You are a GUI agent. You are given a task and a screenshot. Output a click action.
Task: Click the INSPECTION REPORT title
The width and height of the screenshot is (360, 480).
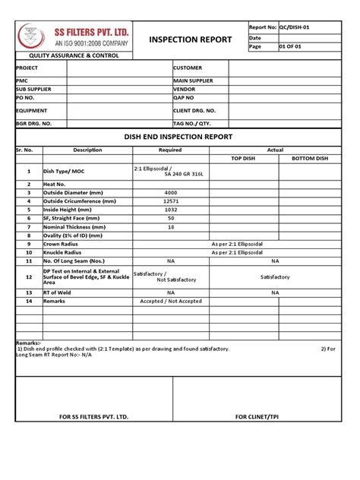[190, 39]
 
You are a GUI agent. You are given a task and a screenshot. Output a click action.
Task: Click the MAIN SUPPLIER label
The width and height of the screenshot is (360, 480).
[193, 81]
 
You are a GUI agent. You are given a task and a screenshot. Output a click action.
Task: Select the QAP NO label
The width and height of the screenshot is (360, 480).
[185, 98]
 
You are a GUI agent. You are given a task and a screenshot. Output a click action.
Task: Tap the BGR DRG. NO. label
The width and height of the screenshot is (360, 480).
[34, 123]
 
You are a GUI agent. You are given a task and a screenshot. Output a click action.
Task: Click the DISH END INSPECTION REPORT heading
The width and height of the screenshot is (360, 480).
[178, 137]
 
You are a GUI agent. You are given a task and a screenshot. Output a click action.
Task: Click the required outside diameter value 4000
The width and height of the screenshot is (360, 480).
[170, 193]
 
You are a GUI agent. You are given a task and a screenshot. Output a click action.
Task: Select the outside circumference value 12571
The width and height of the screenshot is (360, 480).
[170, 201]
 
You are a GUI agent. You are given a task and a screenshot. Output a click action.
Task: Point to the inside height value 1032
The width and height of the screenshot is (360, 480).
[170, 210]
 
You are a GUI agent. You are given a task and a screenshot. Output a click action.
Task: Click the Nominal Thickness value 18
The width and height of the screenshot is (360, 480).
[170, 226]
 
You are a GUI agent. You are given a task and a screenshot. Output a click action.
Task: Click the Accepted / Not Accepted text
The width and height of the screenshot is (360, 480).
[171, 301]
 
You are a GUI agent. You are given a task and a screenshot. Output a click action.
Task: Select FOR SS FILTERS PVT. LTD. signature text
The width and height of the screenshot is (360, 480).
[94, 417]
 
